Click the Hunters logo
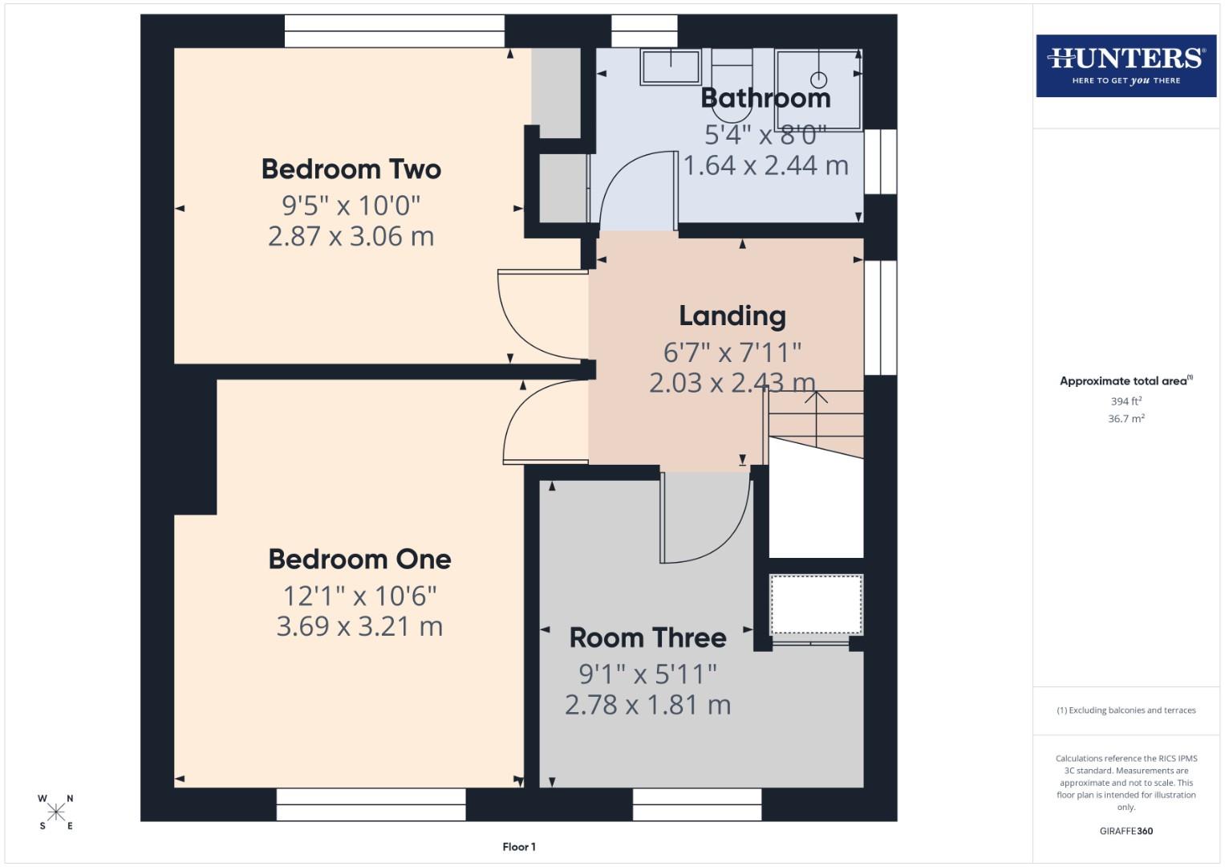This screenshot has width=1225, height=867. tap(1126, 65)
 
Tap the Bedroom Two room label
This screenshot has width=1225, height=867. tap(351, 169)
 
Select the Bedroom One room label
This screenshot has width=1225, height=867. tap(359, 560)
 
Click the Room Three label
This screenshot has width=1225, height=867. tap(647, 638)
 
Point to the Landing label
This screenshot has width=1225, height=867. tap(732, 316)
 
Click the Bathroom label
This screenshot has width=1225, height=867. tap(765, 98)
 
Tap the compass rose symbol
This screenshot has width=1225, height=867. tap(55, 812)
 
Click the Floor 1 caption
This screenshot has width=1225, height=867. tap(519, 847)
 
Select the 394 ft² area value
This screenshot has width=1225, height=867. tap(1126, 401)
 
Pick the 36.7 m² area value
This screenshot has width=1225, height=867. tap(1126, 418)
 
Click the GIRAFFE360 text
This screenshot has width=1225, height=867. tap(1126, 831)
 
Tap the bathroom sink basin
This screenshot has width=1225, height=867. tap(670, 67)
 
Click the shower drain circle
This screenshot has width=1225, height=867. tap(818, 79)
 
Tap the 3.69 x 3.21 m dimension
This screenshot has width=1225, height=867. tap(359, 626)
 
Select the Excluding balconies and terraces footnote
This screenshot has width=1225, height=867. tap(1126, 710)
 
